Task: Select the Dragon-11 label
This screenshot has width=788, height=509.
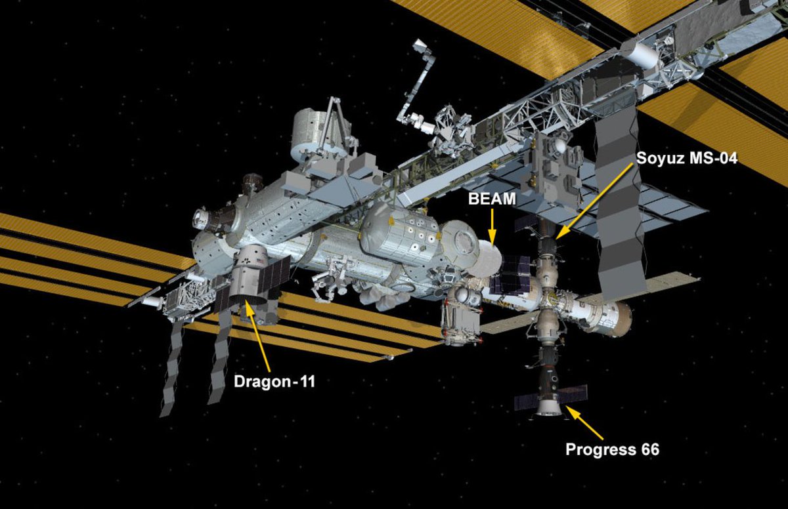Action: pos(274,380)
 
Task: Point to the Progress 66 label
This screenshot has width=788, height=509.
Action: pos(612,450)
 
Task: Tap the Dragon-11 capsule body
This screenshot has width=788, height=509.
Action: pos(253,275)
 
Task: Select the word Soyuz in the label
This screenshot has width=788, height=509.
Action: pos(659,159)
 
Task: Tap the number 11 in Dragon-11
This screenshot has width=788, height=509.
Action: pos(305,380)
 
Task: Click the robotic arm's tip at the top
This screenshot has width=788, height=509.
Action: pos(418,46)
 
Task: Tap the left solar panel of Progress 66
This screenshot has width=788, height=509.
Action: pos(527,402)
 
